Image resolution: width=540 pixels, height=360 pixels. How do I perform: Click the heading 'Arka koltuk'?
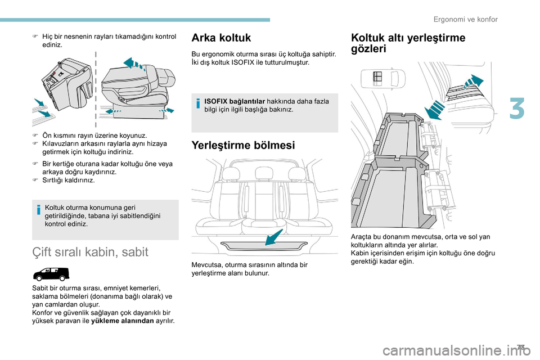tap(221, 38)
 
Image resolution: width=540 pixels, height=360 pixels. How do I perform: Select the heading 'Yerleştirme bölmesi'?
tap(243, 145)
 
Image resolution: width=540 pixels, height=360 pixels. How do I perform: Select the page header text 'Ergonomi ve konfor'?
tap(465, 19)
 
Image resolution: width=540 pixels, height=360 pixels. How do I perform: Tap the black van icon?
tap(51, 274)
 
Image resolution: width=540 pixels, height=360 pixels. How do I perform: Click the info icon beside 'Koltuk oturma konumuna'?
tap(39, 211)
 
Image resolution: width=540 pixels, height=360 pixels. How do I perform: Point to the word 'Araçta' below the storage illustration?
tap(361, 237)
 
